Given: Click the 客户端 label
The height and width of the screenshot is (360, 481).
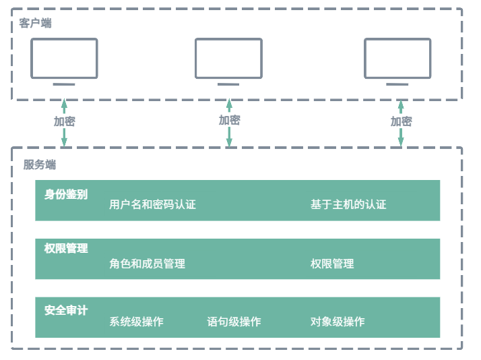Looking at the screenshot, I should point(35,24).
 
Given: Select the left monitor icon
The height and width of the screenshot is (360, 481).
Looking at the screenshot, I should point(64,58).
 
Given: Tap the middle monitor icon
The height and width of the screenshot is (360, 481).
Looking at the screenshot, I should point(228,58).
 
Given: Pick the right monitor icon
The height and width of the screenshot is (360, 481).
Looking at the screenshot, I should point(397,58).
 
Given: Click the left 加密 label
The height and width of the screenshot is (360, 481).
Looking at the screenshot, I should point(65,121).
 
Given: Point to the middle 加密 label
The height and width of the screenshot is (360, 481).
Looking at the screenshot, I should point(229,120).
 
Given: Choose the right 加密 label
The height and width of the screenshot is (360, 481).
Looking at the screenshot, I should point(401,121).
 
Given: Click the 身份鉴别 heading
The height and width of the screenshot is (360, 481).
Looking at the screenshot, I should point(66,194).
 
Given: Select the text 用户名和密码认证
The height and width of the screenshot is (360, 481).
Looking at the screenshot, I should point(152,204).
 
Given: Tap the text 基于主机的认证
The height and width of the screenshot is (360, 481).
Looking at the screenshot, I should point(348,204).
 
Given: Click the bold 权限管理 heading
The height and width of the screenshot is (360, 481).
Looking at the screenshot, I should point(66,248).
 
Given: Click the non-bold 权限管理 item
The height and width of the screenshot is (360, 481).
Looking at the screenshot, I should point(332,264).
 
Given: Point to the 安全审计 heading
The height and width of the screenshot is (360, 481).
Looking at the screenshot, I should point(66,310).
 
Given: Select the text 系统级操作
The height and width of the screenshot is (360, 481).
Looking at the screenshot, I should point(136,322).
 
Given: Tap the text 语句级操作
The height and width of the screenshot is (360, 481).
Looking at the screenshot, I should point(234,322).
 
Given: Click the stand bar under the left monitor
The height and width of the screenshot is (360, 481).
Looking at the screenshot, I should point(64,84).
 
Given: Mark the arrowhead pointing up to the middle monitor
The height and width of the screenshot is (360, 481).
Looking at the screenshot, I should point(229,105).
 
